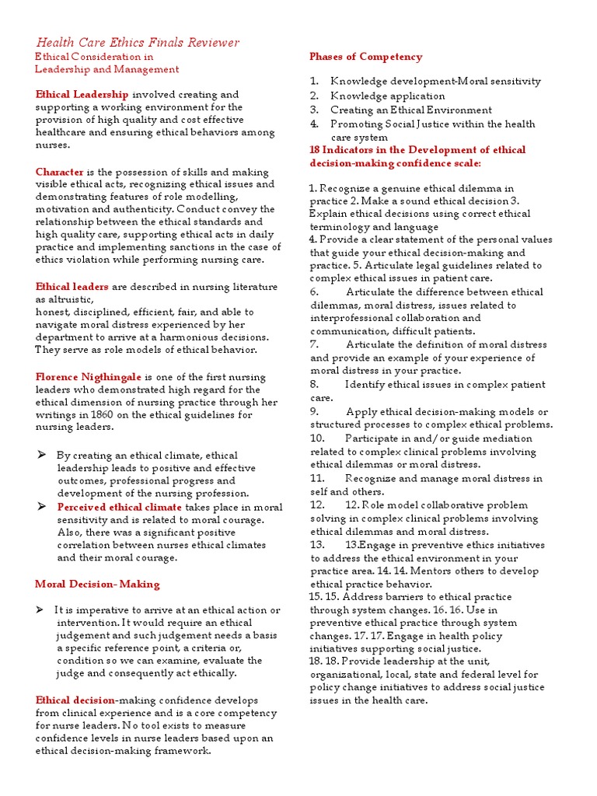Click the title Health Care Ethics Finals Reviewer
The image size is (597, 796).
pos(138,43)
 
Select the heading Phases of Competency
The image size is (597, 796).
pos(365,57)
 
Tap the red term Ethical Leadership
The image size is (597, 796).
pos(82,94)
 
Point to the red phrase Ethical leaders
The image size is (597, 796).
pos(72,287)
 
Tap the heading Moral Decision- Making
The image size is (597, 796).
pos(97,584)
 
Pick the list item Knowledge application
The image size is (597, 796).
pos(387,96)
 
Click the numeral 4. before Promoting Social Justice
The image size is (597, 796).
pos(314,124)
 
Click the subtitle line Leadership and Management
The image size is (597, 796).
pos(107,70)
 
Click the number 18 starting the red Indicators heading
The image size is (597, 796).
pos(316,150)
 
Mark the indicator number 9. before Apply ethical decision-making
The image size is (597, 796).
pos(315,412)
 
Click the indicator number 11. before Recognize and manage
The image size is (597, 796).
pos(317,478)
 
